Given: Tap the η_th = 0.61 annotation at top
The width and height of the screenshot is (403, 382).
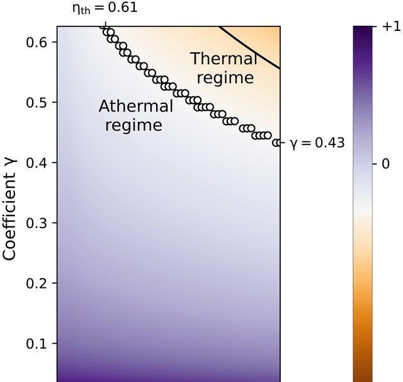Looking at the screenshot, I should click(x=105, y=9).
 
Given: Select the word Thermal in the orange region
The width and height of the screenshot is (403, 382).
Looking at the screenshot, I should click(x=224, y=59).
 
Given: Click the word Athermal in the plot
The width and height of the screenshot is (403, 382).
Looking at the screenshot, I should click(x=135, y=107).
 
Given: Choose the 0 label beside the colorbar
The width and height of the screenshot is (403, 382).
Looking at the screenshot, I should click(x=385, y=164).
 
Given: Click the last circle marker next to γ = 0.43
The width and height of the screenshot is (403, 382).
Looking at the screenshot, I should click(x=276, y=143).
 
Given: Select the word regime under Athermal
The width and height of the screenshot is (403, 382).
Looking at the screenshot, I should click(x=133, y=125).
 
